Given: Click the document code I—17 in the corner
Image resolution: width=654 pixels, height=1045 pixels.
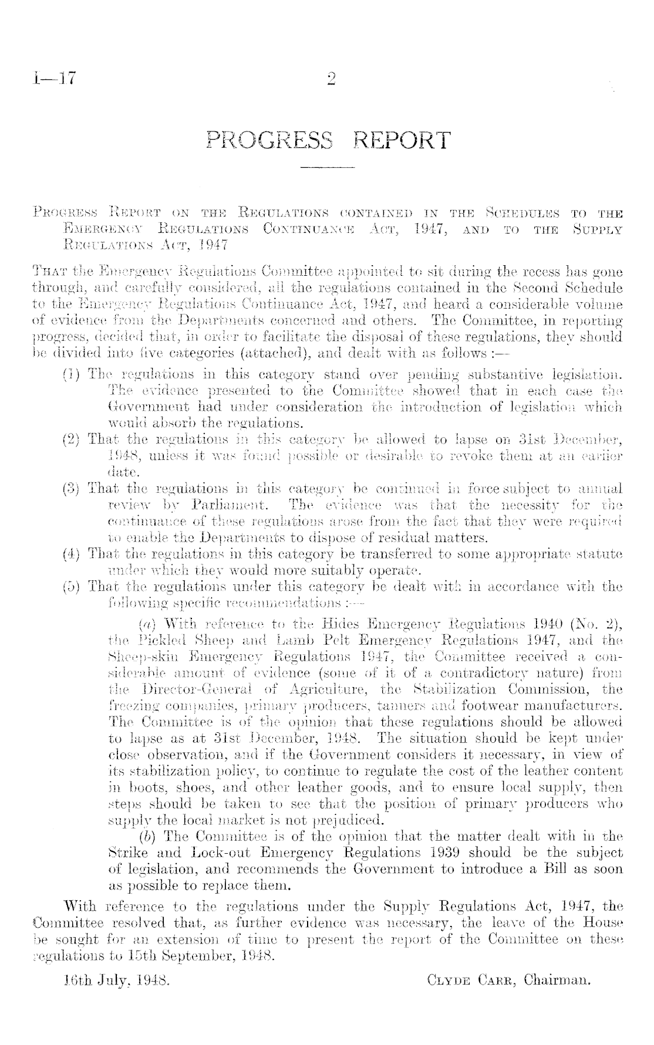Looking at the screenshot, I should point(52,77).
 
